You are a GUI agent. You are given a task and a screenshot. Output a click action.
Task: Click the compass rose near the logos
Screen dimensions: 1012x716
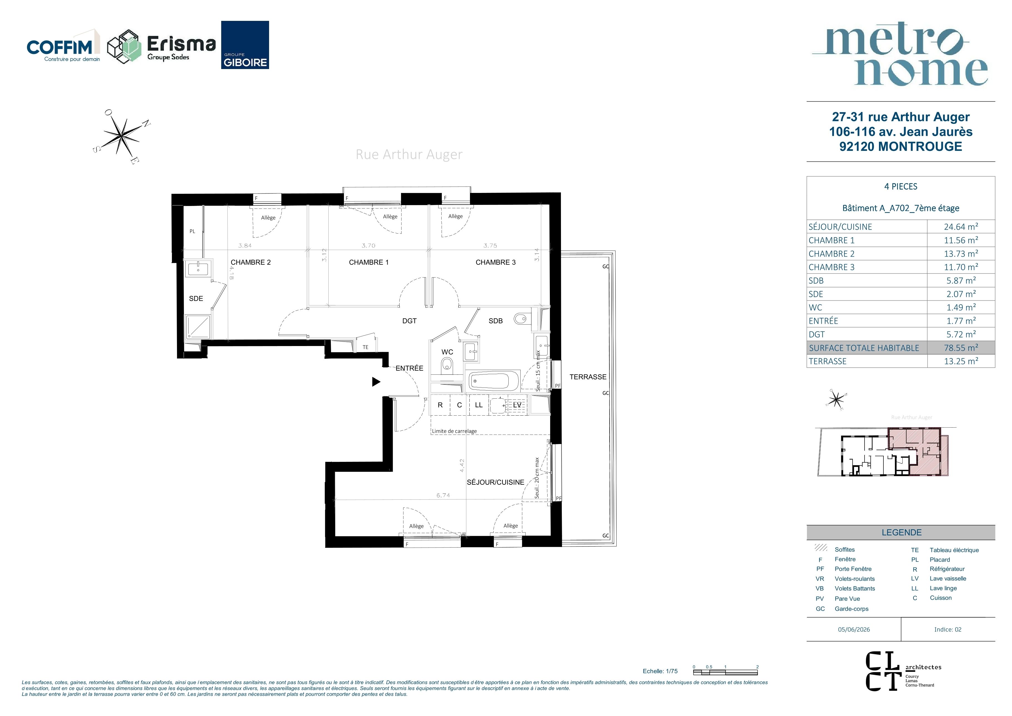[x=122, y=136]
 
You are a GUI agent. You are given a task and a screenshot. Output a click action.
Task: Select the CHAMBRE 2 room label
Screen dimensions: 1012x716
[x=251, y=262]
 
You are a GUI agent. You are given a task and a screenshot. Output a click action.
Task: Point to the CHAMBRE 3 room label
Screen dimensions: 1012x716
[x=495, y=262]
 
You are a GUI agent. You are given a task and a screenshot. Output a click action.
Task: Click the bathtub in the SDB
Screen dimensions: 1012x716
[x=494, y=380]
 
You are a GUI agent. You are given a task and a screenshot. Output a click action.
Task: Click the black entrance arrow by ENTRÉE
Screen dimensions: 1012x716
[x=376, y=382]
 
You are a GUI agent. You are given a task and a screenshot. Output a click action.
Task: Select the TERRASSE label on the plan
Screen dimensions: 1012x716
[x=588, y=377]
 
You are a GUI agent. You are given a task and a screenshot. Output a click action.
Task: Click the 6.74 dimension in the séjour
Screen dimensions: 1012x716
[x=444, y=495]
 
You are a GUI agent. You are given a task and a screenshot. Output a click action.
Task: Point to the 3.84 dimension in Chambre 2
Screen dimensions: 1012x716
[x=245, y=246]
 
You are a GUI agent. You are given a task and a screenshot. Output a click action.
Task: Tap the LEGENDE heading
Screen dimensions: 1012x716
[x=901, y=533]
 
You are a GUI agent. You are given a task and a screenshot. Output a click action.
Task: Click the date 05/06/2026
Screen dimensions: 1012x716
[x=854, y=629]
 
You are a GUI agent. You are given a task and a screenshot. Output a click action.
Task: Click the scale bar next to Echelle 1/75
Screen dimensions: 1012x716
[x=725, y=672]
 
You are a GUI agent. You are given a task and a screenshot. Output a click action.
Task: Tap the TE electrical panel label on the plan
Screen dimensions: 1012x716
[x=365, y=347]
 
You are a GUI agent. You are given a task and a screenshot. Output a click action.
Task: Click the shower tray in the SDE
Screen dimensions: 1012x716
[x=198, y=327]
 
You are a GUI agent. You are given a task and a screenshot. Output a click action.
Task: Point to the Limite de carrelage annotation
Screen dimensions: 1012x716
[x=454, y=431]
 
